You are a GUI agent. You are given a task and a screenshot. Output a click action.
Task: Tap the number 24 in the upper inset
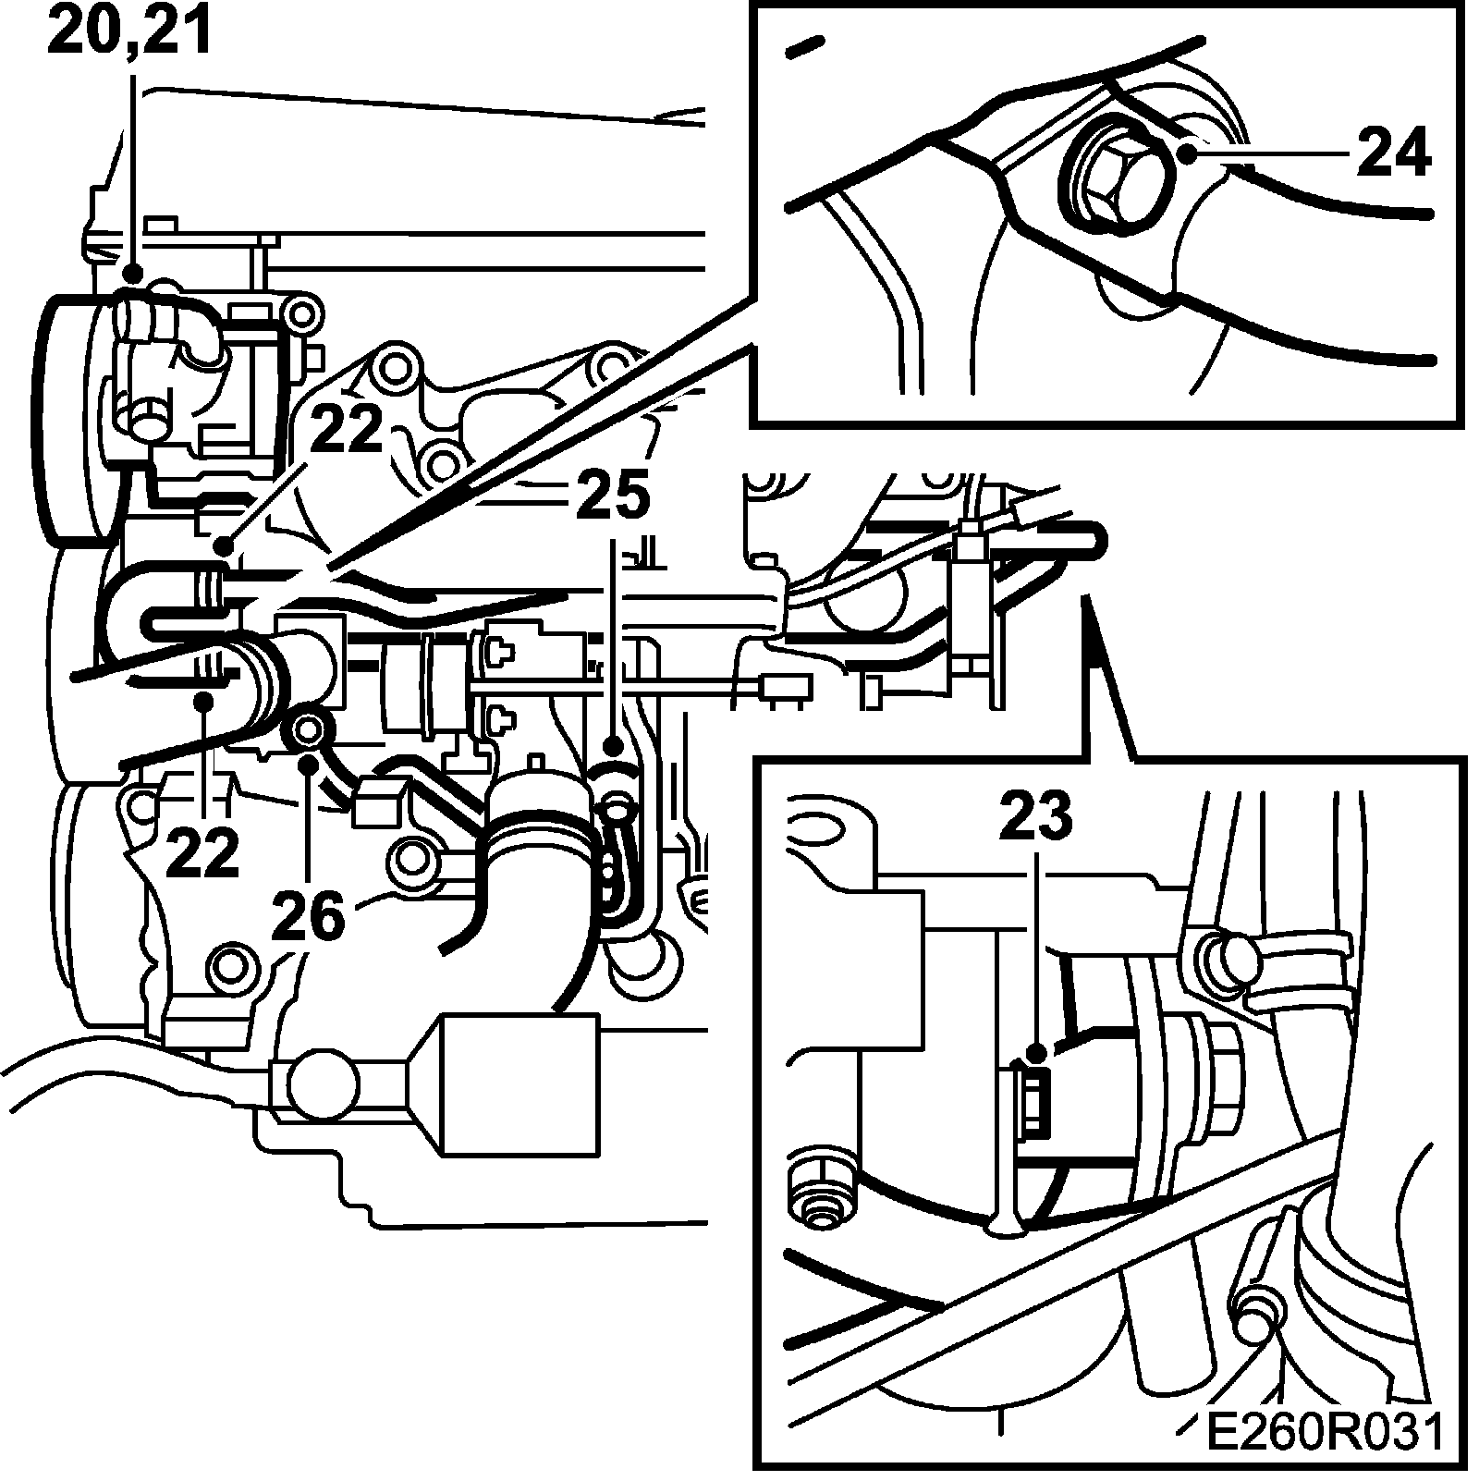[1393, 152]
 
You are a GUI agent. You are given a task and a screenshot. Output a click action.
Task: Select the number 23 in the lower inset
[1034, 816]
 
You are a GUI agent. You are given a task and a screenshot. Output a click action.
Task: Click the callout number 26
[308, 915]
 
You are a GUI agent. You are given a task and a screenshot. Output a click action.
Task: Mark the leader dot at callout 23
[1036, 1051]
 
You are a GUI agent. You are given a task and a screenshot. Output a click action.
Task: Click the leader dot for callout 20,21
[133, 274]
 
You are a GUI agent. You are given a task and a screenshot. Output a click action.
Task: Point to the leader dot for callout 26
[309, 762]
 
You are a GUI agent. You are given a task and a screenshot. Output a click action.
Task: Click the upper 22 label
[346, 429]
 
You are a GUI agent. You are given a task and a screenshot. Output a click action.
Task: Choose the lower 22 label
[203, 851]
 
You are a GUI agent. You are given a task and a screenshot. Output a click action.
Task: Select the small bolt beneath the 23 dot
[1031, 1097]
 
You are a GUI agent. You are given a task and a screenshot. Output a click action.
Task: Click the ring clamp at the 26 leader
[309, 730]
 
